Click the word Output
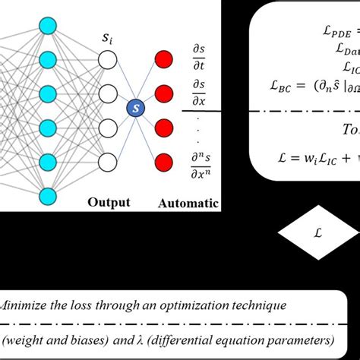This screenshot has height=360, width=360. pos(109,203)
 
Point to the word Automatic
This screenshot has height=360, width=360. pos(188,203)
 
